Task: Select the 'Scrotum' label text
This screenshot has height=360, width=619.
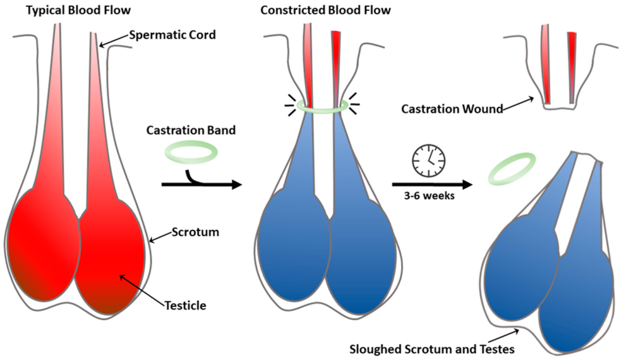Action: point(196,232)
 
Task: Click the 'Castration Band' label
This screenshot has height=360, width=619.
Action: point(191,133)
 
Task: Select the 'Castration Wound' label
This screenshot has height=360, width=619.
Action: point(453,109)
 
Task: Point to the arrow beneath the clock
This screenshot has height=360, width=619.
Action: point(432,184)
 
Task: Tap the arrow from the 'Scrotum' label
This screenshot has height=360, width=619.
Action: point(160,237)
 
